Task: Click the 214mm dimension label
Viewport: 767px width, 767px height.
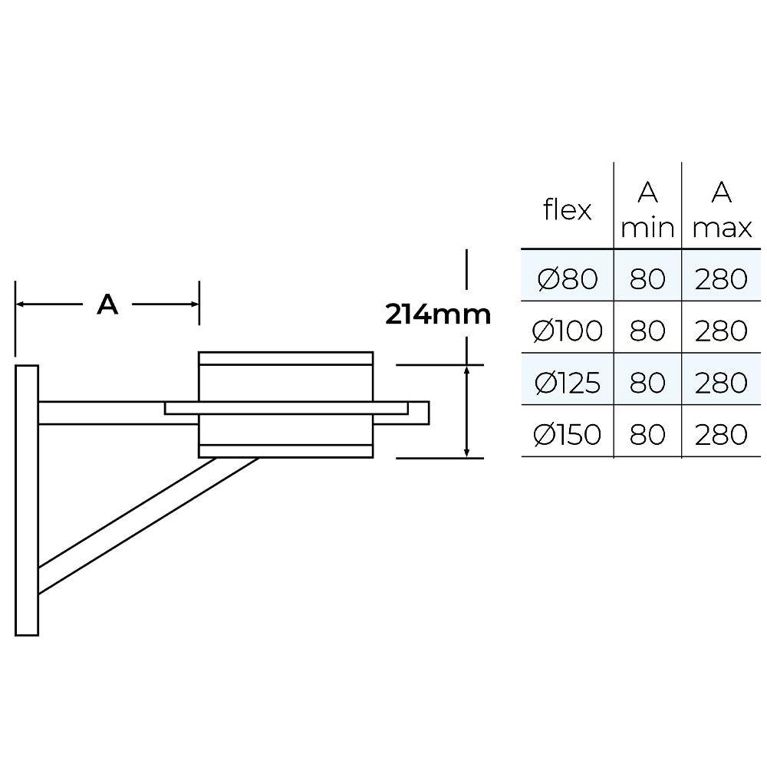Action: (x=438, y=314)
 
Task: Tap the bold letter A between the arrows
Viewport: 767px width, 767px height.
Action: (x=107, y=304)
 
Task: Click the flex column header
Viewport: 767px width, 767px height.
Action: (x=567, y=210)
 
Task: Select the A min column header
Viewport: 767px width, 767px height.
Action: (x=647, y=209)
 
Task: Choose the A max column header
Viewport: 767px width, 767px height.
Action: (x=722, y=209)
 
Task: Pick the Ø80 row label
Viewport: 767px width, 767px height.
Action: (x=568, y=279)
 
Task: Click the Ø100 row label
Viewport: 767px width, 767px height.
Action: (x=568, y=331)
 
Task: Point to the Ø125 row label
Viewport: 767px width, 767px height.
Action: (x=568, y=383)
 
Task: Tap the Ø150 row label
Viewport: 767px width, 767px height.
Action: (x=568, y=434)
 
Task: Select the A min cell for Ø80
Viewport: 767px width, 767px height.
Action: (x=647, y=279)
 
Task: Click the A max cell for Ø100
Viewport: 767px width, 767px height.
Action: (x=721, y=331)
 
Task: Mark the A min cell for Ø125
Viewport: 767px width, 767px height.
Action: (x=647, y=383)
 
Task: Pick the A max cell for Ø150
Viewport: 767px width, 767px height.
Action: (x=721, y=434)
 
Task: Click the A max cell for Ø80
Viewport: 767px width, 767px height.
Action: (x=721, y=279)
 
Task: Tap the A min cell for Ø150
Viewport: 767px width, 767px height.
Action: (x=647, y=434)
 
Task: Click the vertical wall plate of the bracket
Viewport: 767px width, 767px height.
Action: (x=27, y=500)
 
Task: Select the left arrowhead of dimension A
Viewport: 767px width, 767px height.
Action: (x=20, y=304)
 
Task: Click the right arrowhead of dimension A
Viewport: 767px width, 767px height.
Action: (x=194, y=304)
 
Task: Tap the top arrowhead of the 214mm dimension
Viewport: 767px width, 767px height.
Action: (x=466, y=370)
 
